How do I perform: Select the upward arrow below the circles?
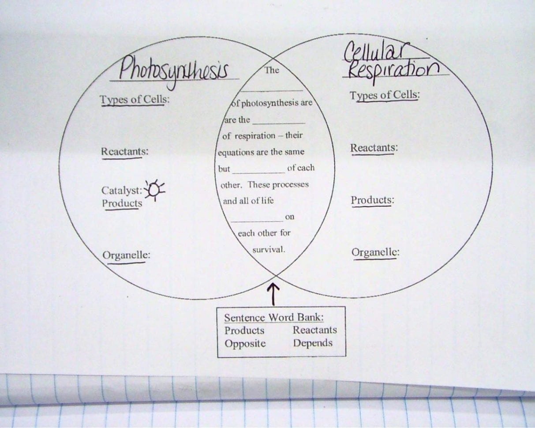click(274, 294)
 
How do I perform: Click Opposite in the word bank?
click(245, 343)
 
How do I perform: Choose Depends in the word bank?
click(313, 343)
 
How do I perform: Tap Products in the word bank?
click(244, 330)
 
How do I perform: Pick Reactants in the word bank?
click(314, 330)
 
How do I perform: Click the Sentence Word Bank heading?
click(277, 318)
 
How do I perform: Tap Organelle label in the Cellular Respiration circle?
click(375, 253)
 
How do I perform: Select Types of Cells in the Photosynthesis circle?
click(135, 100)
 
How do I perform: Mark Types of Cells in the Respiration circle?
click(384, 95)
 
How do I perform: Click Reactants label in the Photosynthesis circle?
click(125, 151)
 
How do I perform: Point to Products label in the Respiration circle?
click(372, 200)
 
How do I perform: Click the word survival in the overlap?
click(269, 249)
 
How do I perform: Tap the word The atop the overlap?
click(271, 70)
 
